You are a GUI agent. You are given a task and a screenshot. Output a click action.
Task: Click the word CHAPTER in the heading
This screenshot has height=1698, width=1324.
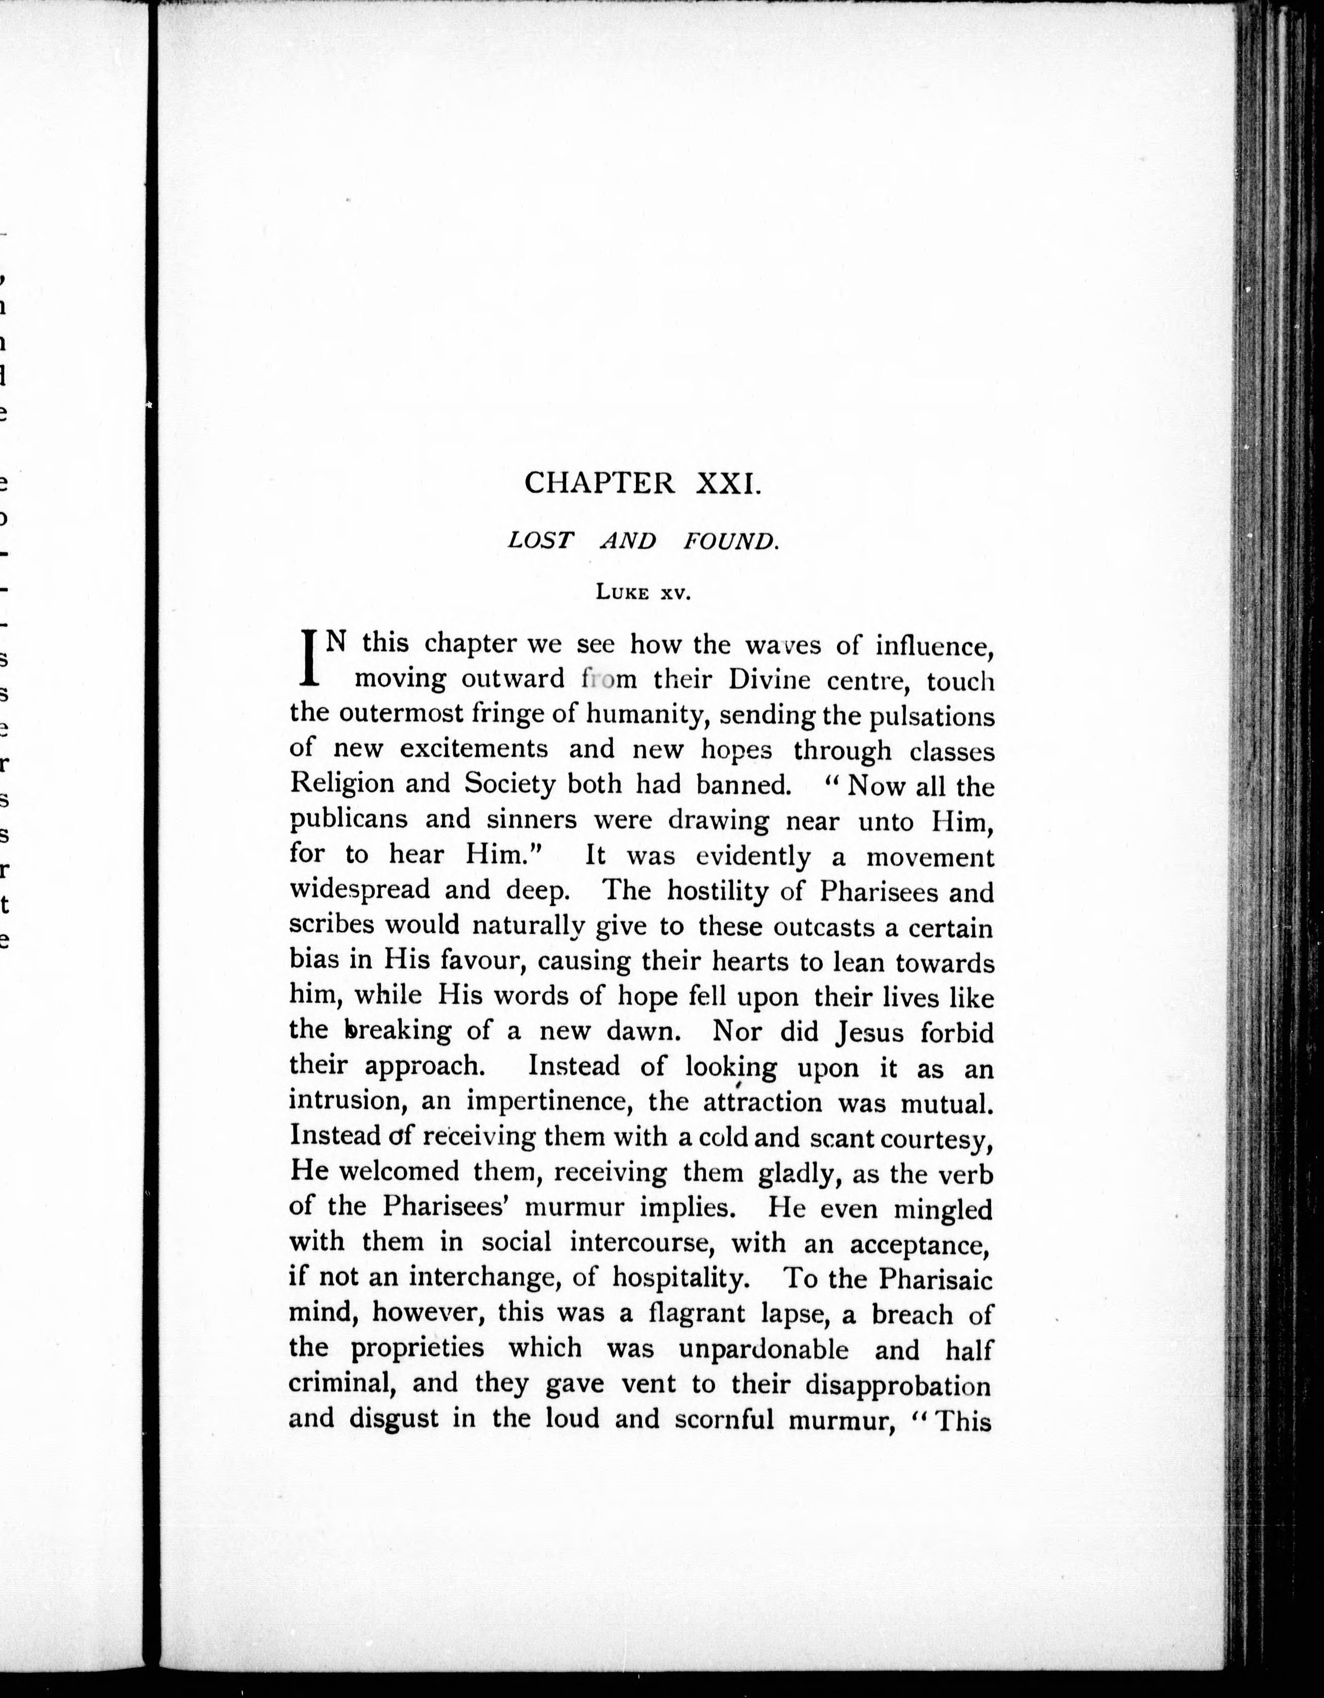coord(600,483)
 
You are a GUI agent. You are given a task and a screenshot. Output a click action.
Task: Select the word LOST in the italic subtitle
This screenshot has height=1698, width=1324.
coord(540,541)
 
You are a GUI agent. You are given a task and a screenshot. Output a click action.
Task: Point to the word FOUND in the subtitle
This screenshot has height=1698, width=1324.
coord(731,541)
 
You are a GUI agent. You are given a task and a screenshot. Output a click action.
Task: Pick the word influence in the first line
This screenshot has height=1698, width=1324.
coord(935,646)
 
